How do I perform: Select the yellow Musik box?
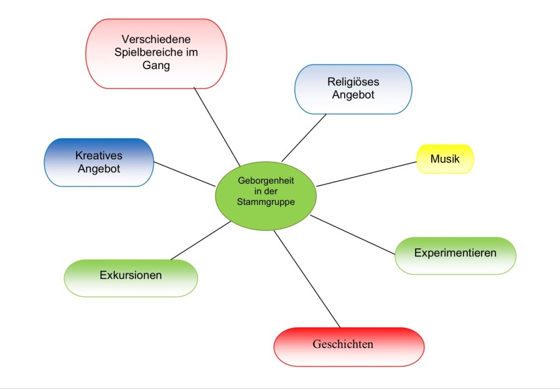tap(445, 159)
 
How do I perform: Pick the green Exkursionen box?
tap(131, 276)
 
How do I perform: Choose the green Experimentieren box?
tap(455, 255)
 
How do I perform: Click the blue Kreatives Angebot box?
tap(98, 162)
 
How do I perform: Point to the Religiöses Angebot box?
tap(353, 89)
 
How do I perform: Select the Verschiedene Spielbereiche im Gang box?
tap(156, 54)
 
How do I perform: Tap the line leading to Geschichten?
tap(307, 279)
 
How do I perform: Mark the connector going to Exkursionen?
tap(200, 240)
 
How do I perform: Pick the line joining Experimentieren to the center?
tap(353, 235)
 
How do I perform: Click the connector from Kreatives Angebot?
tap(184, 174)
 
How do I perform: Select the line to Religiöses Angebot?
tap(304, 138)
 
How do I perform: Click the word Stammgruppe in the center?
tap(266, 202)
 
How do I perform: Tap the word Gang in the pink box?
tap(156, 66)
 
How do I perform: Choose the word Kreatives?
tap(98, 156)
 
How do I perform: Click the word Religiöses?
tap(353, 82)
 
